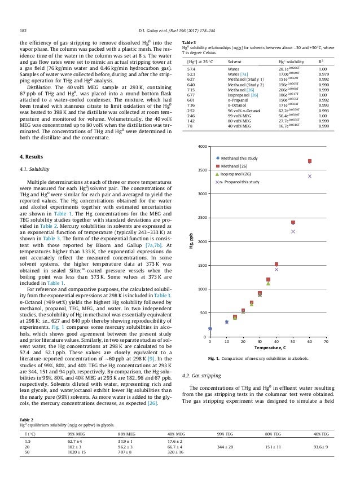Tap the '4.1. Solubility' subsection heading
33,168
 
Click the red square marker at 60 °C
310,161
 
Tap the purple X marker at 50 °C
293,231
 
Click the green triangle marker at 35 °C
268,283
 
